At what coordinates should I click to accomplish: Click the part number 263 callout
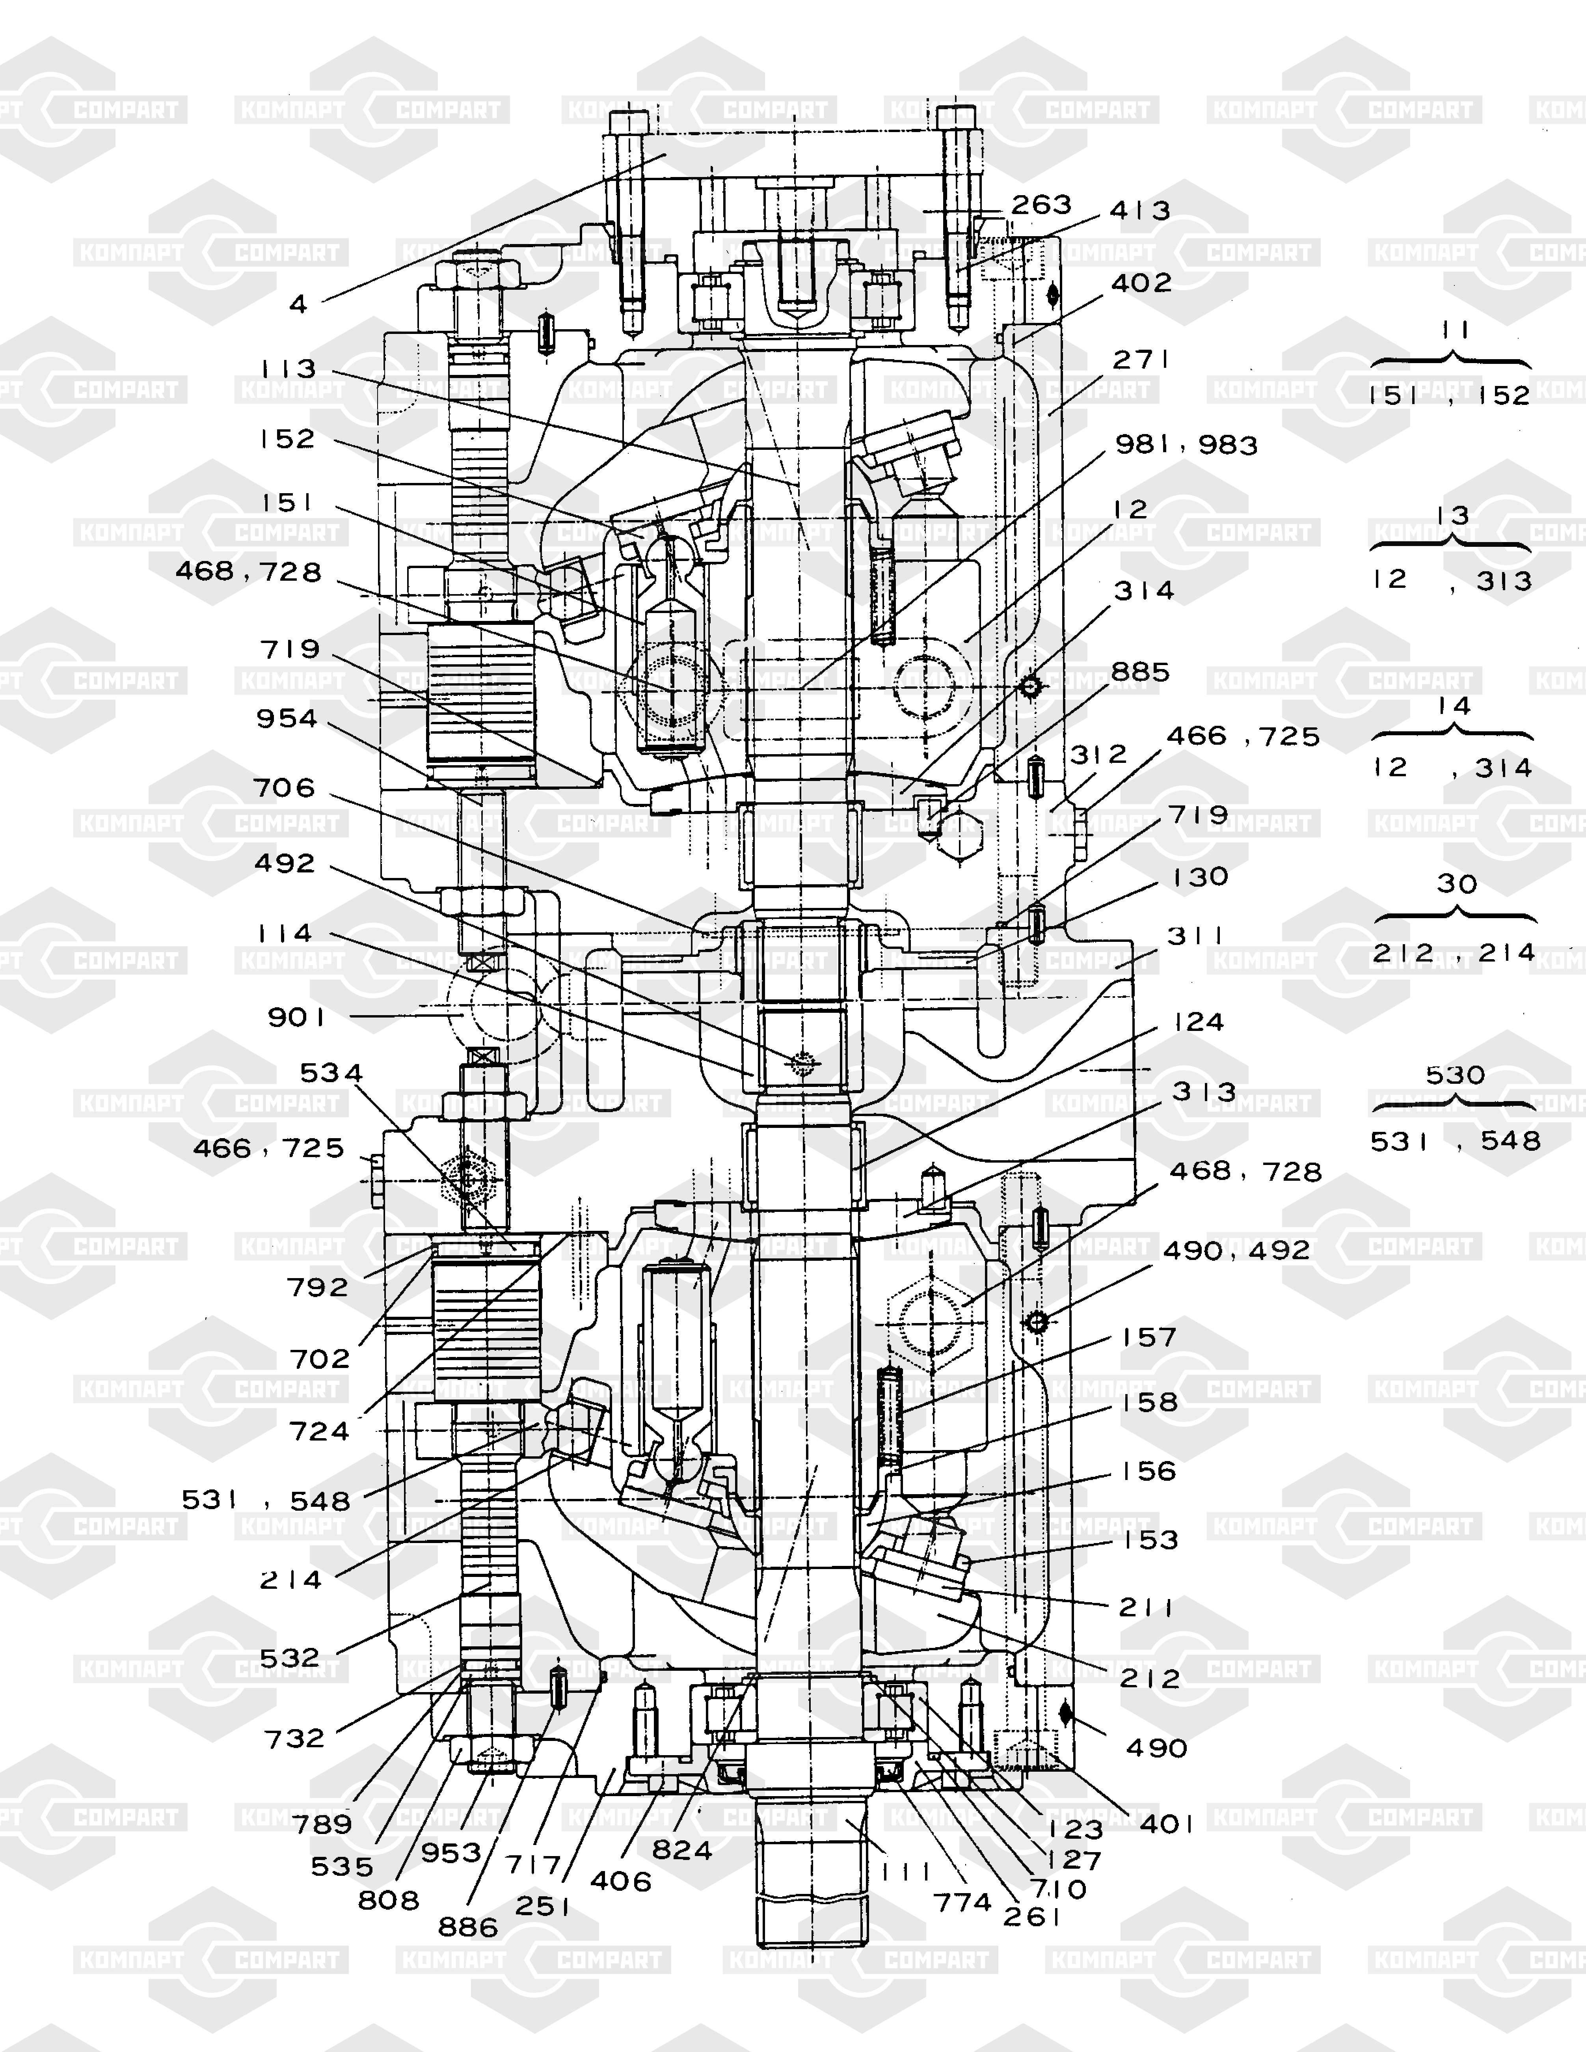1041,205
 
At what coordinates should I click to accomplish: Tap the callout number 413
1140,211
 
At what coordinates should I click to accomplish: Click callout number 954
287,719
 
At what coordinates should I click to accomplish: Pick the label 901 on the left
296,1018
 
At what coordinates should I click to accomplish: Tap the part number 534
331,1073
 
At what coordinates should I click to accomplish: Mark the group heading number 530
1454,1075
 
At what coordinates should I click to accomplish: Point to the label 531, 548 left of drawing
266,1500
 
